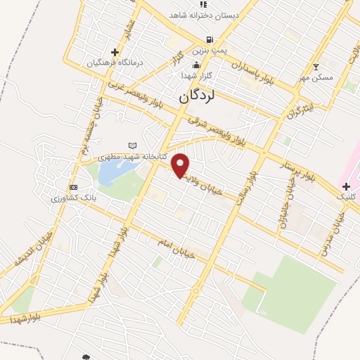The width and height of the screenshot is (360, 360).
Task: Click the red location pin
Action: [x=181, y=165]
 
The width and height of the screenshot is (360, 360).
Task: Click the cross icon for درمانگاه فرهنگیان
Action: [x=115, y=52]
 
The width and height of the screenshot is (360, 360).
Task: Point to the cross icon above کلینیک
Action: [x=345, y=186]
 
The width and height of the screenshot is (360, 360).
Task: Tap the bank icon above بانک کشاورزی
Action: [x=73, y=187]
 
